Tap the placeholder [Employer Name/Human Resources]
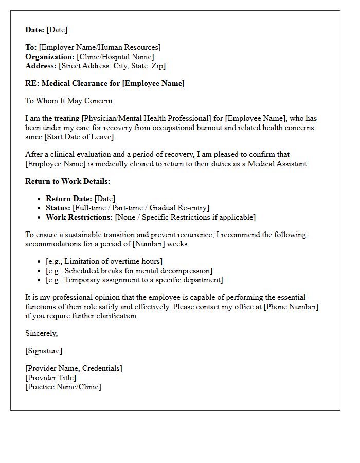click(x=100, y=47)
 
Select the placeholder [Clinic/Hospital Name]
click(x=115, y=57)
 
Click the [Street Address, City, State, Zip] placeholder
click(x=112, y=66)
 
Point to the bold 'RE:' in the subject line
click(x=32, y=83)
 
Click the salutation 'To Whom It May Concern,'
click(x=69, y=101)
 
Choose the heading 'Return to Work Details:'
click(x=67, y=181)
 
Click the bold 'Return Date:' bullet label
click(x=69, y=199)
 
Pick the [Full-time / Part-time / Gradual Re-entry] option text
click(x=141, y=208)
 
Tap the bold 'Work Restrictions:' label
click(x=79, y=217)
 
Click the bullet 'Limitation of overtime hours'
click(x=104, y=261)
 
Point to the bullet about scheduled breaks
click(x=129, y=271)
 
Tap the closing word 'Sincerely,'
click(x=41, y=333)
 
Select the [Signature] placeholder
click(x=44, y=351)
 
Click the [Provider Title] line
click(x=50, y=378)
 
